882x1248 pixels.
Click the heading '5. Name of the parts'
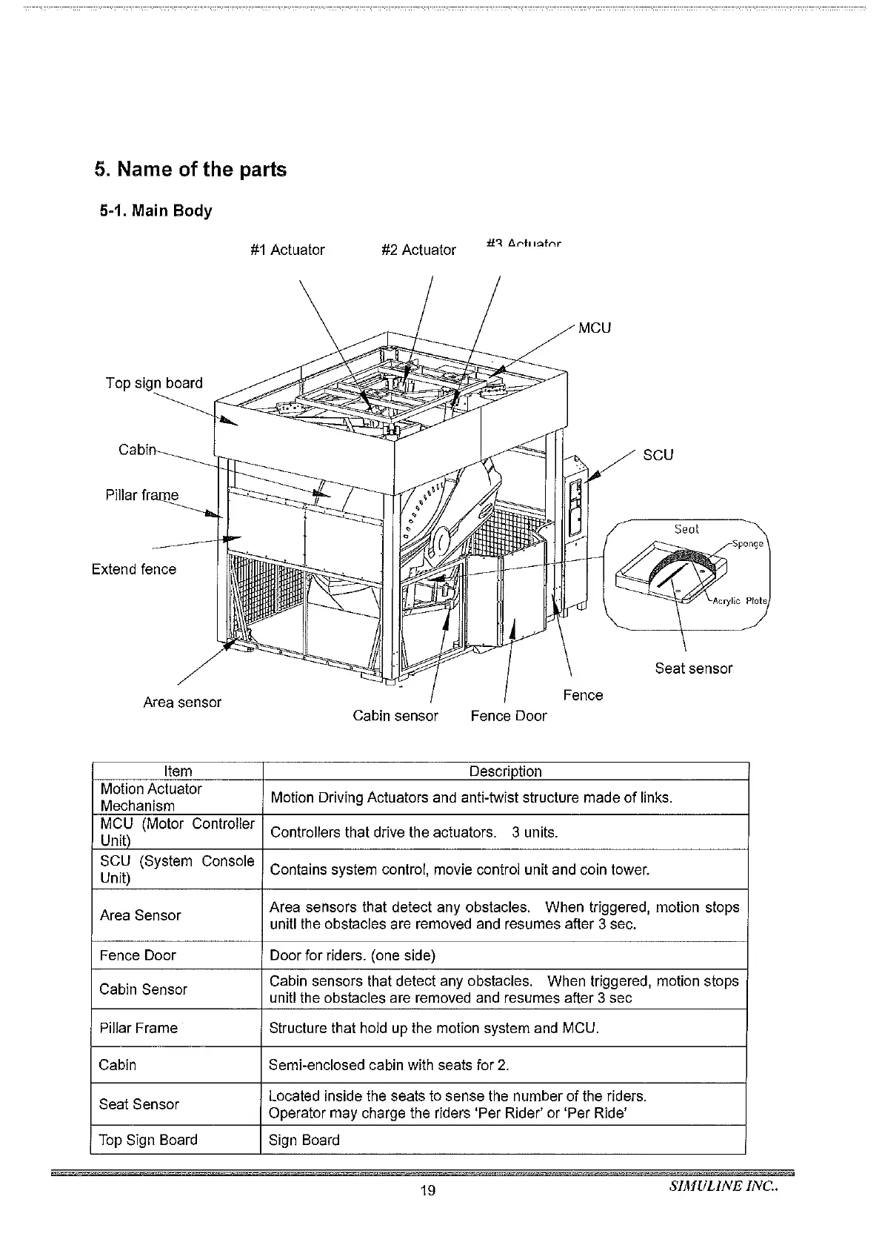[190, 170]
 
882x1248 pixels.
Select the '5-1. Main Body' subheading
[156, 211]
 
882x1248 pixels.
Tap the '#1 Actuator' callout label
[287, 250]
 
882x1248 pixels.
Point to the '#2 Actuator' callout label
[418, 250]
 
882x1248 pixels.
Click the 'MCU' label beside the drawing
[595, 328]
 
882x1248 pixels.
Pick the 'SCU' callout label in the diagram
[658, 455]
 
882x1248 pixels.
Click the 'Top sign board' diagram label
[154, 383]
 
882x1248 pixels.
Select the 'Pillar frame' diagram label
[142, 495]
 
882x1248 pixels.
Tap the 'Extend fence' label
[134, 569]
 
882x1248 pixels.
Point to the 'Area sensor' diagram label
[182, 703]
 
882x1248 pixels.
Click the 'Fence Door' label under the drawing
[509, 716]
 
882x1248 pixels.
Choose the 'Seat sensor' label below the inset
[694, 668]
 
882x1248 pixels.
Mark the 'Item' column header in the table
[178, 771]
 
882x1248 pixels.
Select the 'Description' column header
[506, 771]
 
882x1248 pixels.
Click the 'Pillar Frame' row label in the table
[138, 1029]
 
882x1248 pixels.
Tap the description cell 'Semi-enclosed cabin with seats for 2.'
[389, 1066]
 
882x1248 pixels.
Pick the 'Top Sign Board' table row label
[148, 1141]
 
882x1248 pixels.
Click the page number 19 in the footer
[427, 1191]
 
